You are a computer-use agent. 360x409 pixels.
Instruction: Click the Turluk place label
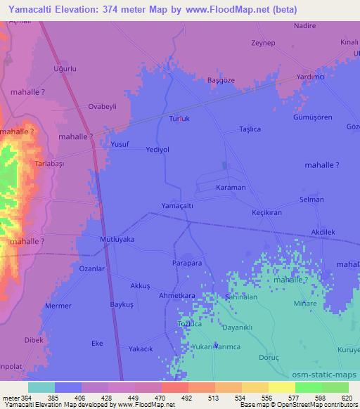179,119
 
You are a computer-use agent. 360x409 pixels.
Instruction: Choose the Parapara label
187,262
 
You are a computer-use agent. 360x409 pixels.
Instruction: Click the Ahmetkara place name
176,296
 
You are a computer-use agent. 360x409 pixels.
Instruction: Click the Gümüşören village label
312,117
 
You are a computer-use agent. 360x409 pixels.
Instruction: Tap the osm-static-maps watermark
328,375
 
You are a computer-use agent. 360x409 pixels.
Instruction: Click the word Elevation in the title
88,9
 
